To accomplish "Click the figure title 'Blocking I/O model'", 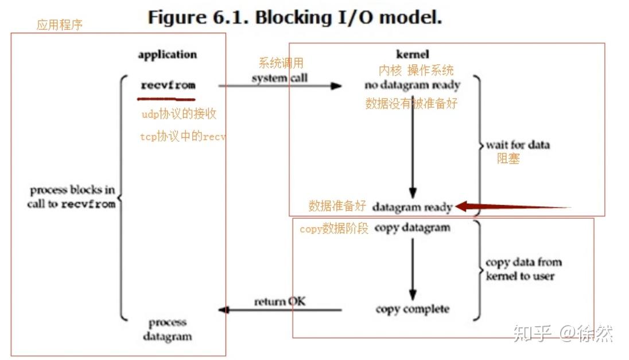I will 295,17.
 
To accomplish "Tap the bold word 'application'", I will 167,55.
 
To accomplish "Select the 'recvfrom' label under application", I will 168,86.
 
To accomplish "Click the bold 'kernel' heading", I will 412,55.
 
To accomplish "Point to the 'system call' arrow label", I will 279,78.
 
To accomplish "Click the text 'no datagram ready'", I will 412,86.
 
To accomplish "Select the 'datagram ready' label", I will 412,207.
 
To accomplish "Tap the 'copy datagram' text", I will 412,228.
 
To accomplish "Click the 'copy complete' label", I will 412,309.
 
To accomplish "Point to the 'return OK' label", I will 279,301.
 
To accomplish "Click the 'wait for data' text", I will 518,145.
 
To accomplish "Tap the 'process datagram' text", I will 168,330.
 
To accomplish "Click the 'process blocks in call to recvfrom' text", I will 72,197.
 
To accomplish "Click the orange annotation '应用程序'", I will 60,25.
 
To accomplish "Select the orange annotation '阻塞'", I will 508,159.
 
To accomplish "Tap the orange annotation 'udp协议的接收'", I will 179,114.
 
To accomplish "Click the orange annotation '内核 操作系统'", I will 416,70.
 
